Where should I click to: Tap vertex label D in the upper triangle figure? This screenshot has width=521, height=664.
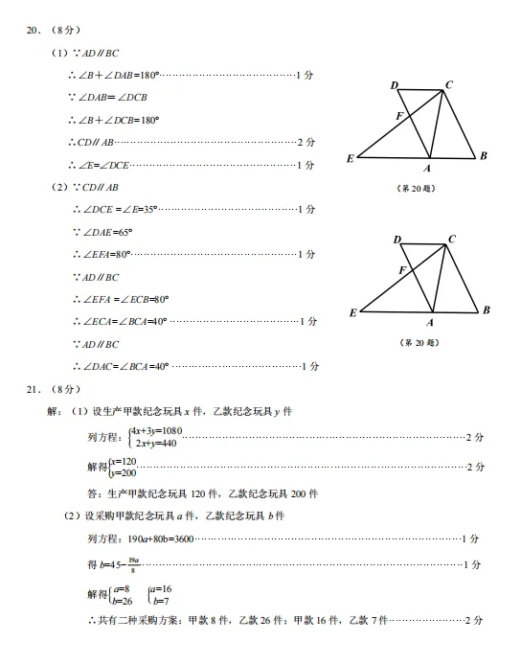click(x=394, y=86)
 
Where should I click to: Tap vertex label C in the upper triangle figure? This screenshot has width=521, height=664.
click(x=448, y=85)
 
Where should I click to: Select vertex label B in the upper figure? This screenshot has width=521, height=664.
click(x=484, y=155)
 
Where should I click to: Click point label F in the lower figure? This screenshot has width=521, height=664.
click(x=402, y=271)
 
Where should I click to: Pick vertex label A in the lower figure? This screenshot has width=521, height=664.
click(x=431, y=322)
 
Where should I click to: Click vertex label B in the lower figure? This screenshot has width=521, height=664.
click(x=486, y=309)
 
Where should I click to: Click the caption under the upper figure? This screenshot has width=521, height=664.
click(x=416, y=187)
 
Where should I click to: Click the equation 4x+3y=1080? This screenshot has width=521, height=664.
click(x=156, y=431)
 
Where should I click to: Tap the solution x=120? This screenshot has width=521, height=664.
click(x=123, y=462)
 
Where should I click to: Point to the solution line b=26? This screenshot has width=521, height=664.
click(x=122, y=601)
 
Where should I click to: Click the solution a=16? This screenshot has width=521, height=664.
click(x=159, y=589)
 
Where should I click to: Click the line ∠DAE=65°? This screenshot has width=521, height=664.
click(x=103, y=232)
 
